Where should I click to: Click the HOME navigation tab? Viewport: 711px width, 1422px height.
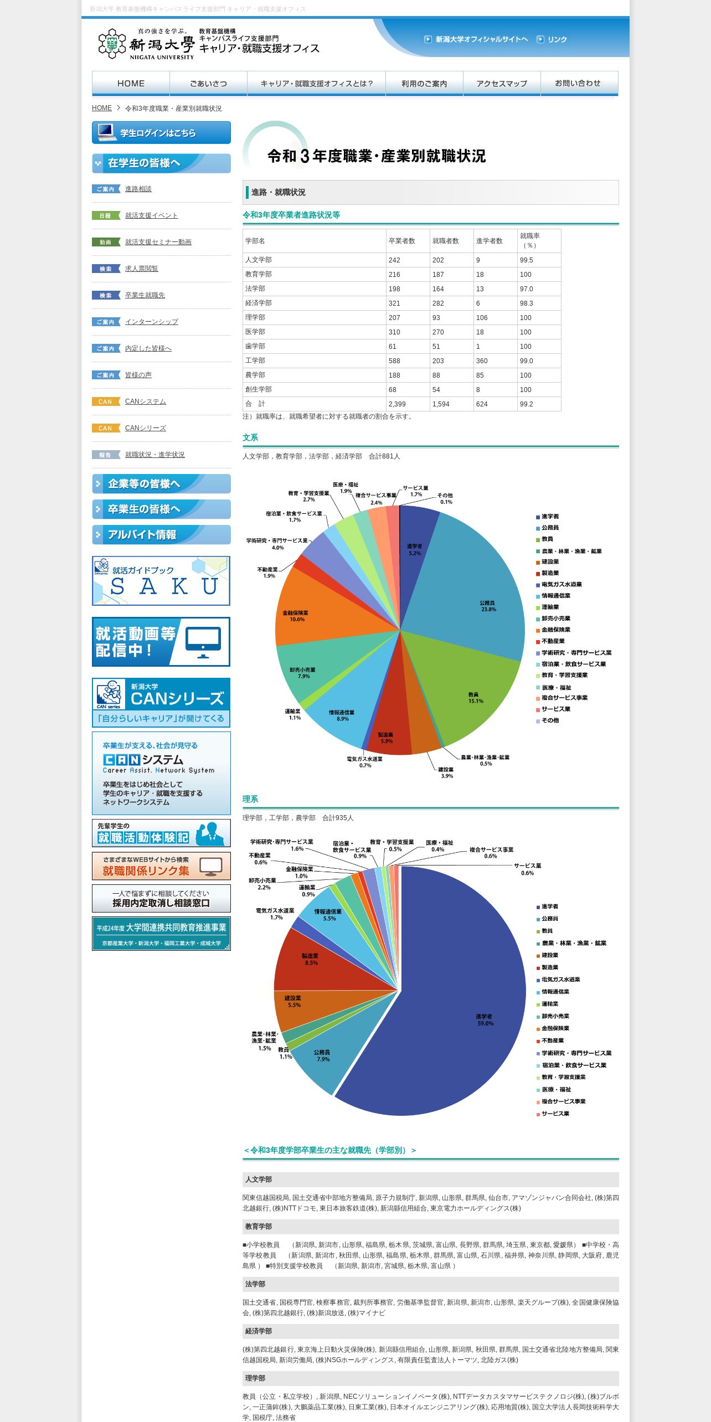point(131,84)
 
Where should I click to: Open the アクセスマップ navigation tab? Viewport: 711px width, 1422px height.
point(502,84)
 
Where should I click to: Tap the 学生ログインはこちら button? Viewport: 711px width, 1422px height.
point(161,133)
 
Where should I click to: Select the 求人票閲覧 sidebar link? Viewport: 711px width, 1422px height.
point(141,269)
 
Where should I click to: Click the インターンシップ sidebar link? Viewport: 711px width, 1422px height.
point(151,322)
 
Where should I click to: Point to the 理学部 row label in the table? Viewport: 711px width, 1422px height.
point(255,317)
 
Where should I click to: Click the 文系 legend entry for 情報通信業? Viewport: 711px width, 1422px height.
point(555,596)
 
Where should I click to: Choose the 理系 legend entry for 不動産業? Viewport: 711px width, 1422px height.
point(552,1040)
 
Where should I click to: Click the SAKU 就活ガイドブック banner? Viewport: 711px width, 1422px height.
point(161,581)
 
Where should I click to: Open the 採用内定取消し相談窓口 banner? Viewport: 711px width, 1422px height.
point(161,898)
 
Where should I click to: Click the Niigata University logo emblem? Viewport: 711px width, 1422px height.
point(112,44)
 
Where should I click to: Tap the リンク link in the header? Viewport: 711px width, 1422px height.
point(557,39)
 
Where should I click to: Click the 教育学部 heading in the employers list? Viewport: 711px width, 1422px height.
point(259,1227)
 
